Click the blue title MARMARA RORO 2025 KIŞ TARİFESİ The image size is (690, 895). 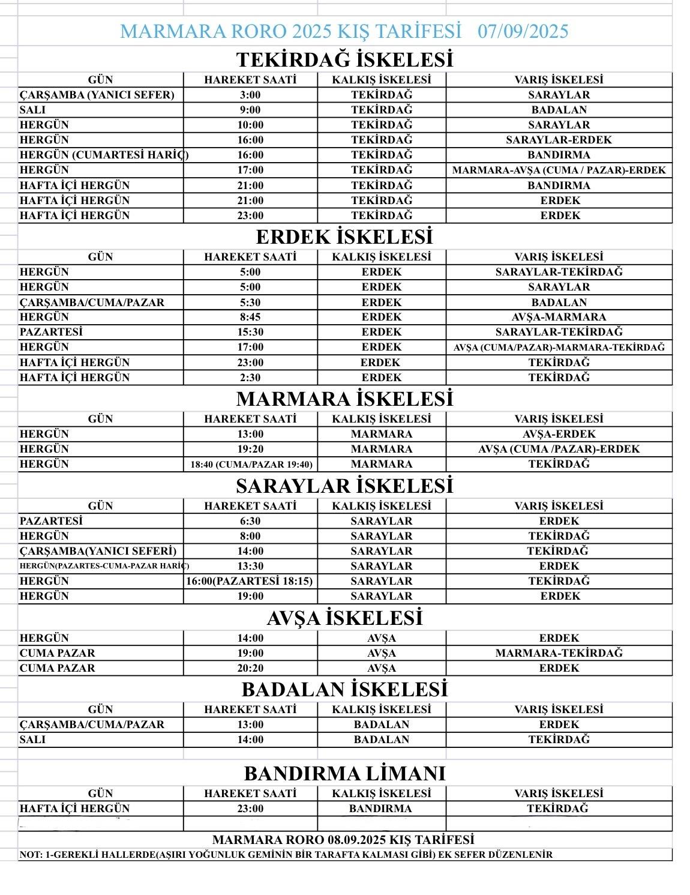pos(291,31)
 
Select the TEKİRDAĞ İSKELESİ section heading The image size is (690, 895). pos(344,59)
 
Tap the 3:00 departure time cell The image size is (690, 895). pos(250,95)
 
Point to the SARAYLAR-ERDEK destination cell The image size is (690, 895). pos(559,140)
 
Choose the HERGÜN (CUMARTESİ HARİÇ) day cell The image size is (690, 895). pos(101,155)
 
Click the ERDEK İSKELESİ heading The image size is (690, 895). pos(344,237)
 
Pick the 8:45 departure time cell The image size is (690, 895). pos(250,317)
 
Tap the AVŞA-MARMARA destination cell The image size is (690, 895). pos(559,317)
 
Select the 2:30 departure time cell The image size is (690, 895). pos(250,378)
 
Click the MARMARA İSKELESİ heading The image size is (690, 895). pos(344,399)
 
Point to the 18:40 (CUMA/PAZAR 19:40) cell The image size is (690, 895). pos(251,464)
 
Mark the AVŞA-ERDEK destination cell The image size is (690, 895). pos(559,434)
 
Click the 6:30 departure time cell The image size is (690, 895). pos(250,521)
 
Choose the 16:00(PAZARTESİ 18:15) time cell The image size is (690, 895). pos(250,581)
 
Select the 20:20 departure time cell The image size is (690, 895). pos(250,668)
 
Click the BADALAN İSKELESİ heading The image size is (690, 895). pos(344,689)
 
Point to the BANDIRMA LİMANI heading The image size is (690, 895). pos(344,773)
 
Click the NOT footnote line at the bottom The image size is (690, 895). pos(286,854)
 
